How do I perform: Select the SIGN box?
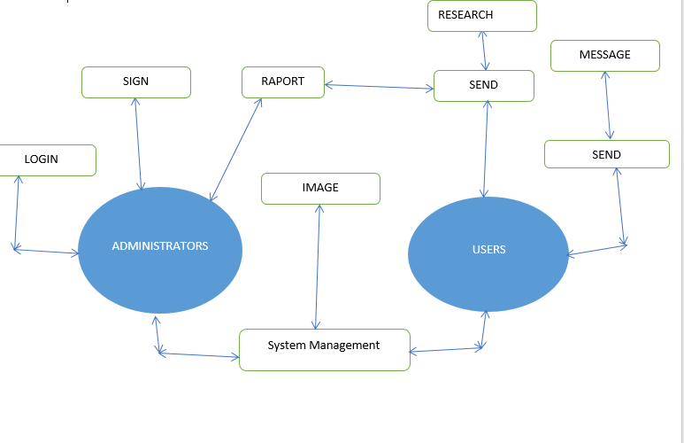coord(135,82)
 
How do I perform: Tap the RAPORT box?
coord(283,82)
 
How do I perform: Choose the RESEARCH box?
coord(481,15)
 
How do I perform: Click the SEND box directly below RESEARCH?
coord(483,86)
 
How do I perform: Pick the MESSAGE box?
coord(604,55)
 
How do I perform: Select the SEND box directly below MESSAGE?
coord(606,154)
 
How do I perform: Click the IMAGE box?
coord(320,188)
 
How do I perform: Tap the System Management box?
coord(324,349)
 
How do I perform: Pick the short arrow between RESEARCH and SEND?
coord(483,51)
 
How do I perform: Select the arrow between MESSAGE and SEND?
coord(607,105)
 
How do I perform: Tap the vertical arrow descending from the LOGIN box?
coord(17,213)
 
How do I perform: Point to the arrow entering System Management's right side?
coord(446,349)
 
